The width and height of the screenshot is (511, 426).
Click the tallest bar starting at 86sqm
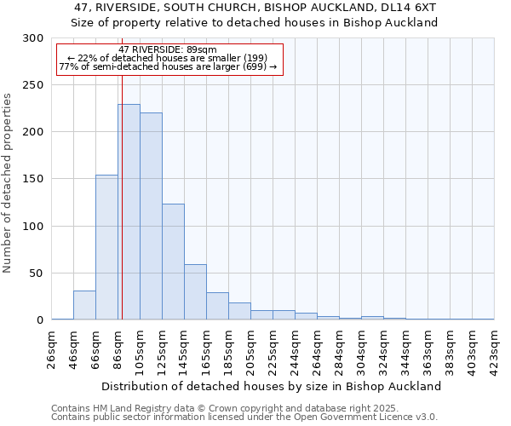[x=129, y=212]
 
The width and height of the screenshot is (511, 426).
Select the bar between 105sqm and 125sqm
[x=151, y=216]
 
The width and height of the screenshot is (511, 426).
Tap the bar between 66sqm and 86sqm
[x=106, y=247]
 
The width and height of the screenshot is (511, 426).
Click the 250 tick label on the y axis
[x=32, y=85]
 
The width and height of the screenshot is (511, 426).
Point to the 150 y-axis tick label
[x=32, y=179]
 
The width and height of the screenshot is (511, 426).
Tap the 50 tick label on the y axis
[x=36, y=273]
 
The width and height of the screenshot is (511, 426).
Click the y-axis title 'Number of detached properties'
[x=8, y=183]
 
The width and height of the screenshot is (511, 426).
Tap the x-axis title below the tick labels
[x=273, y=386]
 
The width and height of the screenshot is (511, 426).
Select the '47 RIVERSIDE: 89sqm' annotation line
[x=168, y=49]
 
